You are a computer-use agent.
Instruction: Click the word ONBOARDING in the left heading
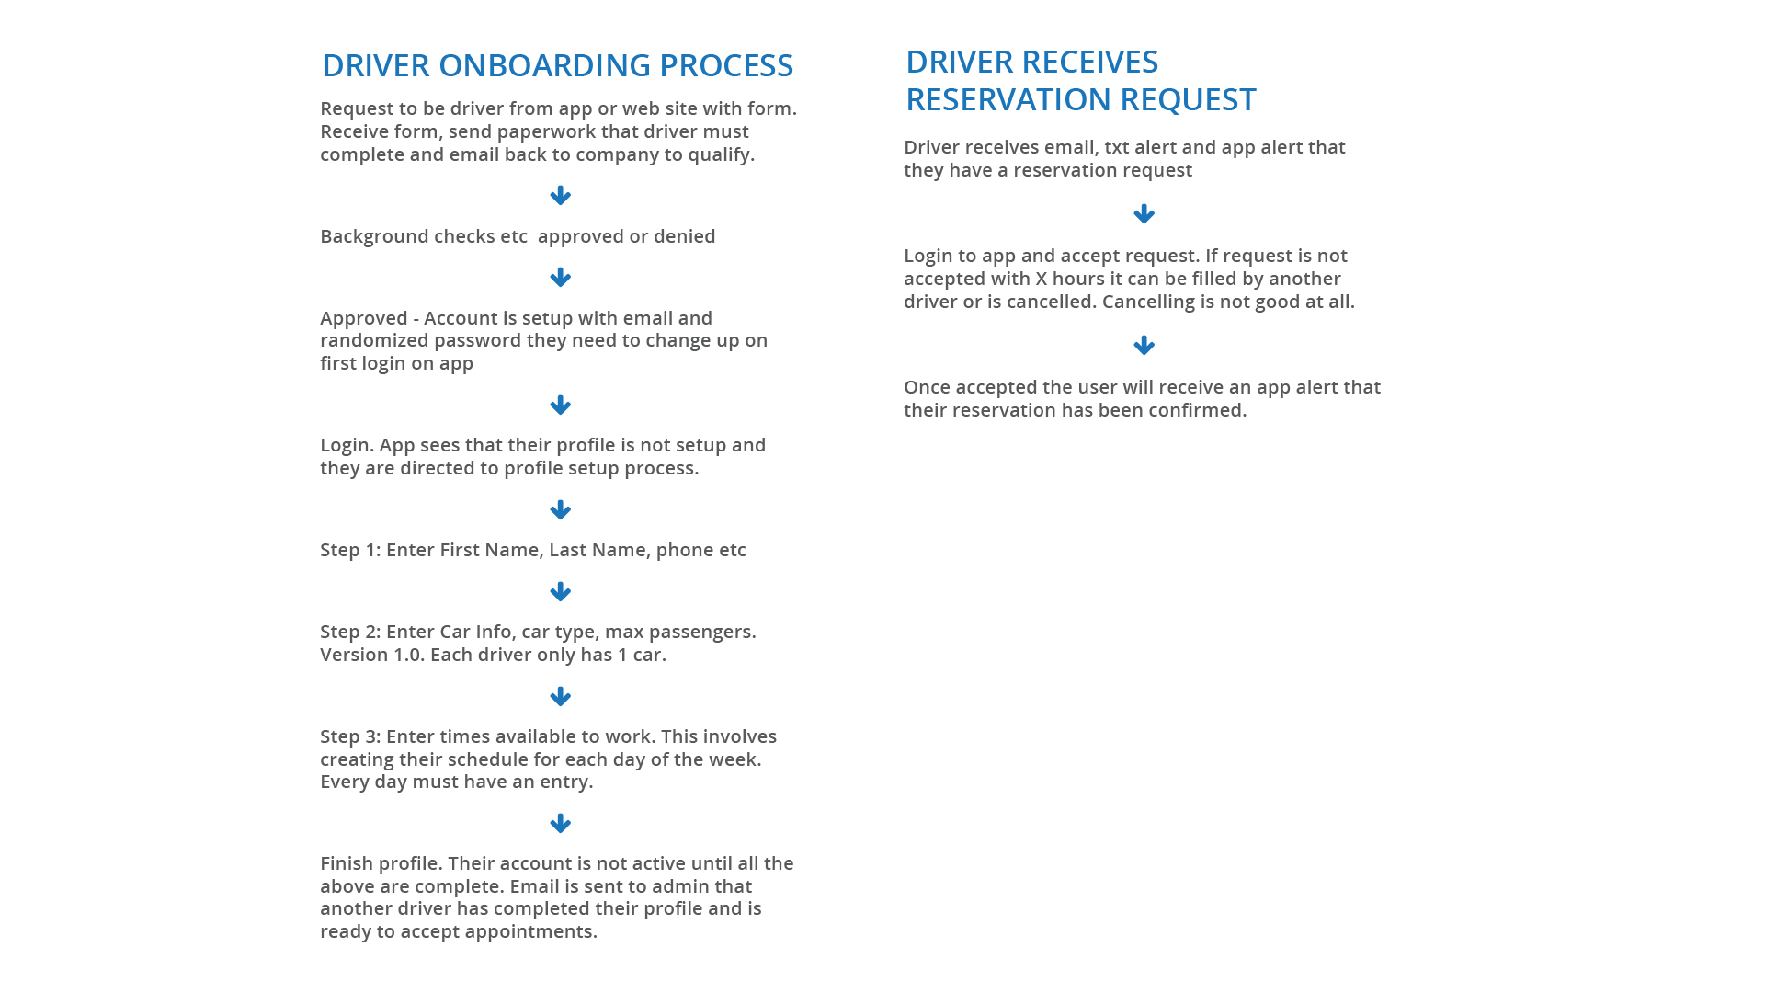pos(544,65)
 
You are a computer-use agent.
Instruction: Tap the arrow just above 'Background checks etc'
pos(560,196)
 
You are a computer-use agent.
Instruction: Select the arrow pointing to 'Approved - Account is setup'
pos(560,278)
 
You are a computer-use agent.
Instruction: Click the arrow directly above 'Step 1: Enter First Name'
pos(560,510)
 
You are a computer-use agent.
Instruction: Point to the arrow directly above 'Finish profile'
pos(560,824)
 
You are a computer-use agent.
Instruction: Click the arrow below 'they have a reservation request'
pos(1144,214)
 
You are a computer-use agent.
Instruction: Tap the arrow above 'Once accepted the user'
pos(1144,346)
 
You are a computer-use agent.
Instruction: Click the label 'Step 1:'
pos(350,550)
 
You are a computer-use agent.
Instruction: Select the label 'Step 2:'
pos(350,632)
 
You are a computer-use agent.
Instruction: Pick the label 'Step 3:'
pos(350,736)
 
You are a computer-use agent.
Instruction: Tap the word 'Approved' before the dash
pos(364,319)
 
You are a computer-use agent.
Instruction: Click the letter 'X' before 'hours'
pos(1042,279)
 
